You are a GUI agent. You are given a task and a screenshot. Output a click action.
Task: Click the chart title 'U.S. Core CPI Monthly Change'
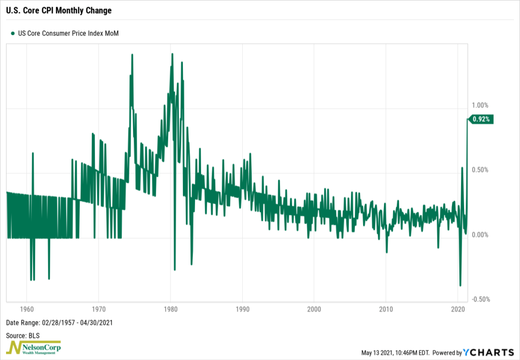tap(59, 10)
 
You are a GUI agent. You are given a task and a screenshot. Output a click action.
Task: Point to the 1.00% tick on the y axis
tap(479, 106)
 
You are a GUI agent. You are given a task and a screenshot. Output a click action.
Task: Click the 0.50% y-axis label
tap(479, 170)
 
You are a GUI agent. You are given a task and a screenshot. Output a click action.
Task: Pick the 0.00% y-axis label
tap(479, 235)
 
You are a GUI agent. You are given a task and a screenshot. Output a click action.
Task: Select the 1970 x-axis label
tap(99, 309)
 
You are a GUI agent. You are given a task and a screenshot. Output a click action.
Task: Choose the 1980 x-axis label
tap(171, 309)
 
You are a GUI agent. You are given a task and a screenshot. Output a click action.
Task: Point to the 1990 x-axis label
tap(242, 309)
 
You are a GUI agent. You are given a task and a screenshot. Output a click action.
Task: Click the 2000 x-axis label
tap(314, 309)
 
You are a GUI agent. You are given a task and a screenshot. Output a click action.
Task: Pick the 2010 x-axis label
tap(386, 309)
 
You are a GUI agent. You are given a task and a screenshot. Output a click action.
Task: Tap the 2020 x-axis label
tap(458, 309)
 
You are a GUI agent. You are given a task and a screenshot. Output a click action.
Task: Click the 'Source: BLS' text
tap(23, 336)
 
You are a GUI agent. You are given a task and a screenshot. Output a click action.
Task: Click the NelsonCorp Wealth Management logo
tap(34, 348)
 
